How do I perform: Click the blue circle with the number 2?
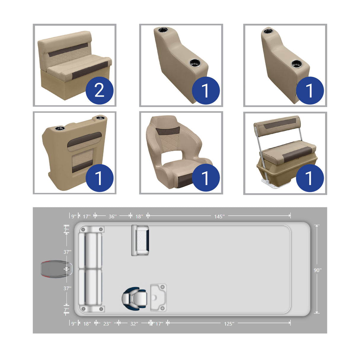(x=100, y=90)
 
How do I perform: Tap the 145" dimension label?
(x=219, y=216)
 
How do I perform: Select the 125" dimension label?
(x=229, y=324)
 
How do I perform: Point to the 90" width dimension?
(x=317, y=270)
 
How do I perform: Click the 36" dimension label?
(x=112, y=216)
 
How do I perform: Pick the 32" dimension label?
(x=134, y=324)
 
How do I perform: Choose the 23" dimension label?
(x=107, y=324)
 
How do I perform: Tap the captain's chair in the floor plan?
(x=134, y=298)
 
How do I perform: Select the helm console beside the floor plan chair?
(x=158, y=297)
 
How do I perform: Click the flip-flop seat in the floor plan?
(x=140, y=240)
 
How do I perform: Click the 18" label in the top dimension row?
(x=139, y=216)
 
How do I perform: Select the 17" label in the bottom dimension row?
(x=159, y=324)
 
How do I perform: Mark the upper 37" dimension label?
(x=67, y=252)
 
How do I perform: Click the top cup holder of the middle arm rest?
(x=163, y=30)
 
